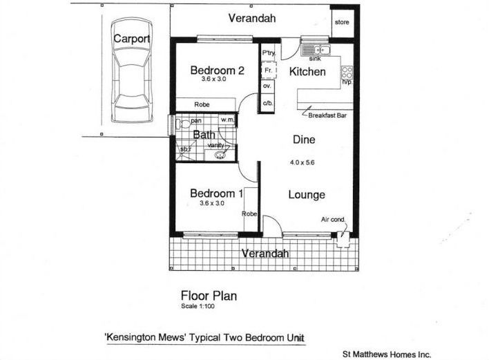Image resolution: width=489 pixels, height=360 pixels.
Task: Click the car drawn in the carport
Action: (132, 70)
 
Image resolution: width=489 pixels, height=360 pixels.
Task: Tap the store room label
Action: (342, 22)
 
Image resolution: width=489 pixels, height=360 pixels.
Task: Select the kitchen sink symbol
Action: (316, 50)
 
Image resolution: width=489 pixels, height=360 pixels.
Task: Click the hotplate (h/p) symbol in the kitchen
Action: (347, 73)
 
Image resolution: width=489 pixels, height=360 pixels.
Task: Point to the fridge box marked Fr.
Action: (267, 70)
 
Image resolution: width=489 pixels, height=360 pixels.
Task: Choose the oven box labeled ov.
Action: (267, 86)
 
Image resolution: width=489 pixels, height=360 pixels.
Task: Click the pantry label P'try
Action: (269, 53)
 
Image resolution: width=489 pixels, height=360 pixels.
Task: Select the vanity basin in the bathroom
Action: (220, 155)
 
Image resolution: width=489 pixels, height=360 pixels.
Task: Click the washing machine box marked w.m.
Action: (228, 120)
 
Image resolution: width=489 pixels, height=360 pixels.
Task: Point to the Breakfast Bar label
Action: (327, 115)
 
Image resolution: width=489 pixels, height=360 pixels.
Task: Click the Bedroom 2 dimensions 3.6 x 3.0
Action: (213, 79)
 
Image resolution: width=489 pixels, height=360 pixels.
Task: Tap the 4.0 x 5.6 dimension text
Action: (302, 162)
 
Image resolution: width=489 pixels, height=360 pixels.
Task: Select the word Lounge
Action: (307, 195)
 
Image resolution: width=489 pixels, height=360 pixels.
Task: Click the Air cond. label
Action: (333, 219)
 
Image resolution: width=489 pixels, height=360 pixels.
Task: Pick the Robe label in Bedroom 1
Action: (249, 214)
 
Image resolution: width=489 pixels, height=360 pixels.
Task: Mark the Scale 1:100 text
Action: (198, 306)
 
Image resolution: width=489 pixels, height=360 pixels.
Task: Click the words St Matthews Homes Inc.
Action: (387, 354)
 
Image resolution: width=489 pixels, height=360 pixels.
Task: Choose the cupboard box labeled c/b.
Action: (267, 103)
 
